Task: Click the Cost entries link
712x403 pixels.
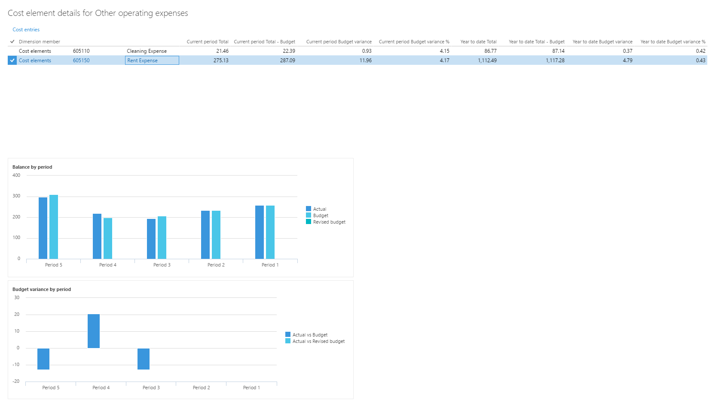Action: tap(26, 30)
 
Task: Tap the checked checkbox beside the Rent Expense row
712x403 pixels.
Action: tap(12, 61)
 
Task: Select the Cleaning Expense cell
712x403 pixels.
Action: tap(147, 51)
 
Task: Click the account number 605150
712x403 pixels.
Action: tap(81, 61)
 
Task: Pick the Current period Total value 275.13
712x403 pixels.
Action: tap(221, 61)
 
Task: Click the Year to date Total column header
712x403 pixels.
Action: tap(478, 42)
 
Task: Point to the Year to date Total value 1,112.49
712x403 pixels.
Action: tap(487, 61)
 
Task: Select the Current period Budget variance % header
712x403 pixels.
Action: tap(414, 42)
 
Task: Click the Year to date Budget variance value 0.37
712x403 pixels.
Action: tap(627, 51)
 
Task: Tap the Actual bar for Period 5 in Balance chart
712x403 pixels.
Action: tap(43, 228)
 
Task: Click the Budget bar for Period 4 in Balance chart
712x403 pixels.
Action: tap(108, 238)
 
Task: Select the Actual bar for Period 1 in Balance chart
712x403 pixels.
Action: tap(260, 232)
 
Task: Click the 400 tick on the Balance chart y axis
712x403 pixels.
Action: tap(16, 175)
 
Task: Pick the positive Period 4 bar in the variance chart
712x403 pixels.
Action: tap(94, 331)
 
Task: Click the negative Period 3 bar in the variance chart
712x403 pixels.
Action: tap(144, 359)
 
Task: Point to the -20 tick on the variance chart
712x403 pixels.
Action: tap(16, 381)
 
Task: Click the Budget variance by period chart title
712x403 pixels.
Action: tap(42, 289)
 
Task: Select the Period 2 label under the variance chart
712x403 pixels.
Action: tap(201, 388)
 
